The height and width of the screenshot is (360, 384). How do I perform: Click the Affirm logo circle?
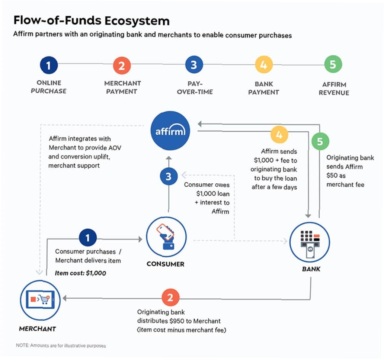(170, 131)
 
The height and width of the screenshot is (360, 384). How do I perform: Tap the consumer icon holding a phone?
(166, 237)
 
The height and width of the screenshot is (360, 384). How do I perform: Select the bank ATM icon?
(310, 242)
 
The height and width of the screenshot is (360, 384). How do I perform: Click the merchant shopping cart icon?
(40, 300)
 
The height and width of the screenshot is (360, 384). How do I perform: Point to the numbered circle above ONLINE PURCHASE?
(49, 65)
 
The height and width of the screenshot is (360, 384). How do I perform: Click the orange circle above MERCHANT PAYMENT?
(122, 65)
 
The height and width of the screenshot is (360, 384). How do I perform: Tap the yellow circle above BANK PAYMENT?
(264, 65)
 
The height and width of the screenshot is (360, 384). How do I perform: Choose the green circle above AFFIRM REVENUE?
(333, 64)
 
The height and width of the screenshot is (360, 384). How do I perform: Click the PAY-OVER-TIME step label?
(195, 88)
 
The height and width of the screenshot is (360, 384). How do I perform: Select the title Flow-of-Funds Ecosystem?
(91, 20)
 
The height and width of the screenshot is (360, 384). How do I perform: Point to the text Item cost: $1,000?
(80, 273)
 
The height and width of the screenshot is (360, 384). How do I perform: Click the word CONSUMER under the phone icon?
(166, 264)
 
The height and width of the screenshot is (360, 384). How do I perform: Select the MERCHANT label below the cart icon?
(38, 329)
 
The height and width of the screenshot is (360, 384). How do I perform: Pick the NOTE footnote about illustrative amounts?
(61, 345)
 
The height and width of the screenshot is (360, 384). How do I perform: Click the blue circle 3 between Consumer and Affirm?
(169, 176)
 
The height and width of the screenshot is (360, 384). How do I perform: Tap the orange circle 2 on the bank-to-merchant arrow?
(170, 298)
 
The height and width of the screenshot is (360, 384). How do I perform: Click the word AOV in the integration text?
(115, 148)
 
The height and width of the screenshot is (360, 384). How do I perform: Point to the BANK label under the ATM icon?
(311, 269)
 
